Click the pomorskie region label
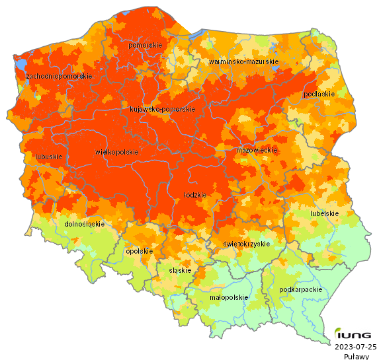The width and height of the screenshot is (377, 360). pyautogui.click(x=146, y=45)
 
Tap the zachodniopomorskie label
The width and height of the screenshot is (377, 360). pyautogui.click(x=59, y=77)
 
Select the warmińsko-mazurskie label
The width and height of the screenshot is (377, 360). pyautogui.click(x=243, y=61)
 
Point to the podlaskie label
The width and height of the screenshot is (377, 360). pyautogui.click(x=319, y=94)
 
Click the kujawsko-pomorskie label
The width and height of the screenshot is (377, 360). pyautogui.click(x=162, y=109)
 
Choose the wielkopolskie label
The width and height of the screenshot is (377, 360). pyautogui.click(x=117, y=152)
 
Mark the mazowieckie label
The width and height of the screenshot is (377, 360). pyautogui.click(x=256, y=151)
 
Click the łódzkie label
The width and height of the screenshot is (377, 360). pyautogui.click(x=195, y=195)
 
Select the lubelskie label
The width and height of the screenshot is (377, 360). pyautogui.click(x=324, y=213)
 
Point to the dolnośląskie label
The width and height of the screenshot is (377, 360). pyautogui.click(x=85, y=224)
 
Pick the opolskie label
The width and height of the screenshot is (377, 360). pyautogui.click(x=139, y=251)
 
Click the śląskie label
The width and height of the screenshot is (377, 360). pyautogui.click(x=180, y=270)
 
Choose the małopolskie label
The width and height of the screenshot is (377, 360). pyautogui.click(x=228, y=297)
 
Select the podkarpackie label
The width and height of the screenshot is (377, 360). pyautogui.click(x=301, y=289)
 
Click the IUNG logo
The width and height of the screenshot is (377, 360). pyautogui.click(x=353, y=334)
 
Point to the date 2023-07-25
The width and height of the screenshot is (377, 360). pyautogui.click(x=356, y=346)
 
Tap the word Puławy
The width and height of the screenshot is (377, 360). pyautogui.click(x=356, y=356)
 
